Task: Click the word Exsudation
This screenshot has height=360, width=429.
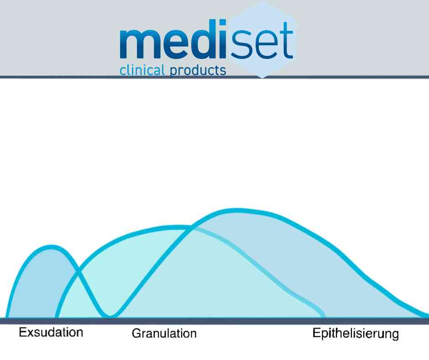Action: [51, 332]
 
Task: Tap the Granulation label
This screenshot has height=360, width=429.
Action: [164, 334]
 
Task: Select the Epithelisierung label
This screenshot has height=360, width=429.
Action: [356, 334]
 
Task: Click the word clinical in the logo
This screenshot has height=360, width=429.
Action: [142, 70]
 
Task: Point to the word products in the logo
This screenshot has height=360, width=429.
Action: [198, 71]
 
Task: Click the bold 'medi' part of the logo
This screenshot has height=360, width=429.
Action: [173, 39]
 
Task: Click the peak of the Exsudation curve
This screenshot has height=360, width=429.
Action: [52, 247]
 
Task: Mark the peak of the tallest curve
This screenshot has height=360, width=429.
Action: [235, 211]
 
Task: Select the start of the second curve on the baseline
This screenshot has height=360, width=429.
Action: [57, 317]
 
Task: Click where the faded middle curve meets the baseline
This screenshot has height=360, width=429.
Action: [324, 317]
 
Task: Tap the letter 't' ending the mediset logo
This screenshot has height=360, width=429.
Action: [286, 41]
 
